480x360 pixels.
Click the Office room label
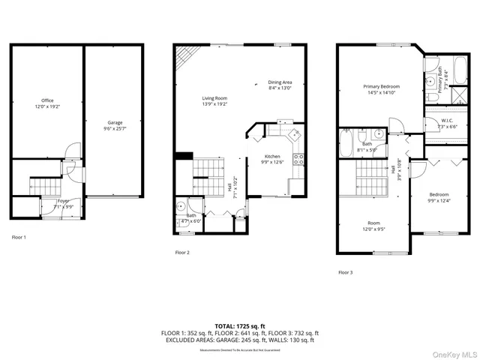pyautogui.click(x=47, y=103)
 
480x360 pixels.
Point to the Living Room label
pyautogui.click(x=214, y=100)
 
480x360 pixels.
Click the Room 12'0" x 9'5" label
pyautogui.click(x=373, y=226)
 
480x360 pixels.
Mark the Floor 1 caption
pyautogui.click(x=19, y=237)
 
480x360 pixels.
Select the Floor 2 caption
pyautogui.click(x=182, y=253)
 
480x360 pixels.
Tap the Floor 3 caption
pyautogui.click(x=345, y=272)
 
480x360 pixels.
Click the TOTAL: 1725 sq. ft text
pyautogui.click(x=240, y=326)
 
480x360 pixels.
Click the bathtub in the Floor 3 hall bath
pyautogui.click(x=346, y=143)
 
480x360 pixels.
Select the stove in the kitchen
pyautogui.click(x=297, y=158)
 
